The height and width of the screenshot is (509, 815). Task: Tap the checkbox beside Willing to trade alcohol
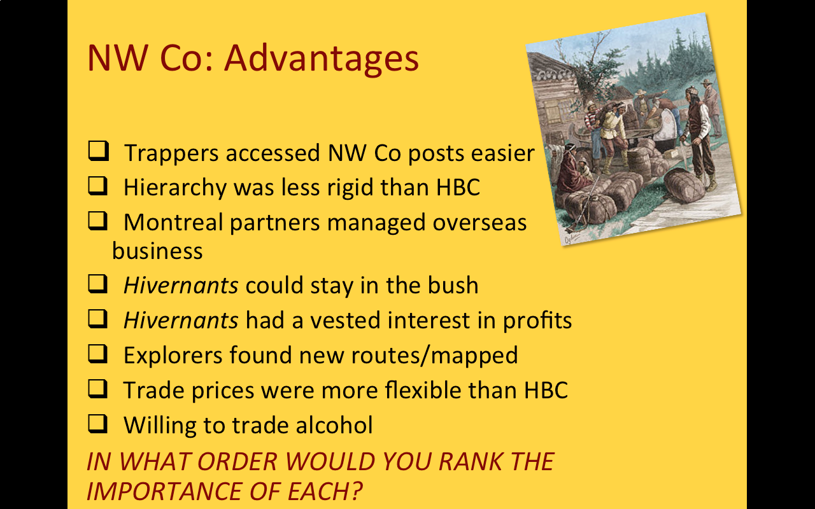point(98,424)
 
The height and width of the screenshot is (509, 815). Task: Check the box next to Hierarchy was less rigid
point(98,186)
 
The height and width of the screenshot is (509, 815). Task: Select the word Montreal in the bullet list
point(173,222)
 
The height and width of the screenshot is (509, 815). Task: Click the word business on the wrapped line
point(157,251)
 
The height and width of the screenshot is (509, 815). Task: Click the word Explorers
point(173,355)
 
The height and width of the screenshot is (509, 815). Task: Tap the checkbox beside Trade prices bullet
point(98,389)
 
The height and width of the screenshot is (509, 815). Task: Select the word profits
point(537,321)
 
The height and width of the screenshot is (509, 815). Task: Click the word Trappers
point(171,153)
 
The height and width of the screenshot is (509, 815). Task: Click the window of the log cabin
point(554,110)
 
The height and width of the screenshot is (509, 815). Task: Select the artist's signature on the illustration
point(572,239)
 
